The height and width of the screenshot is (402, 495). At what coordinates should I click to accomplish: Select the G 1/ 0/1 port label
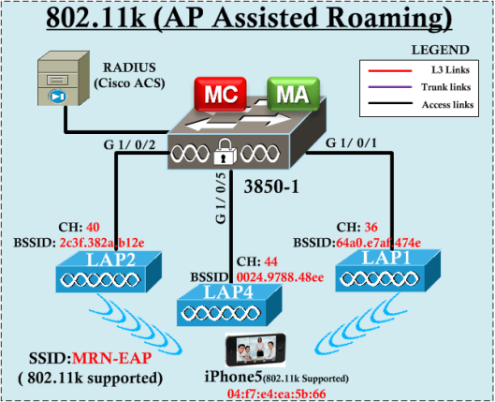pyautogui.click(x=354, y=143)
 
